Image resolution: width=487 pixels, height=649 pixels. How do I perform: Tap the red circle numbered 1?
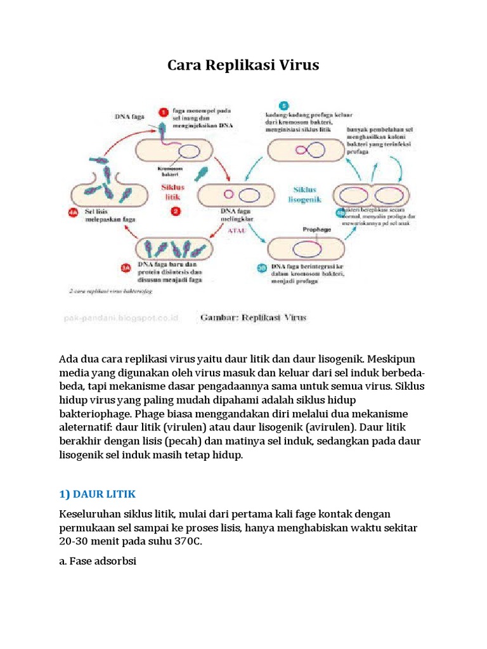point(163,112)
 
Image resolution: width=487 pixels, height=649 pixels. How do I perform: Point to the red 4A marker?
point(73,213)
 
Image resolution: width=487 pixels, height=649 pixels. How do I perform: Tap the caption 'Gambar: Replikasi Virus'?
point(253,317)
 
